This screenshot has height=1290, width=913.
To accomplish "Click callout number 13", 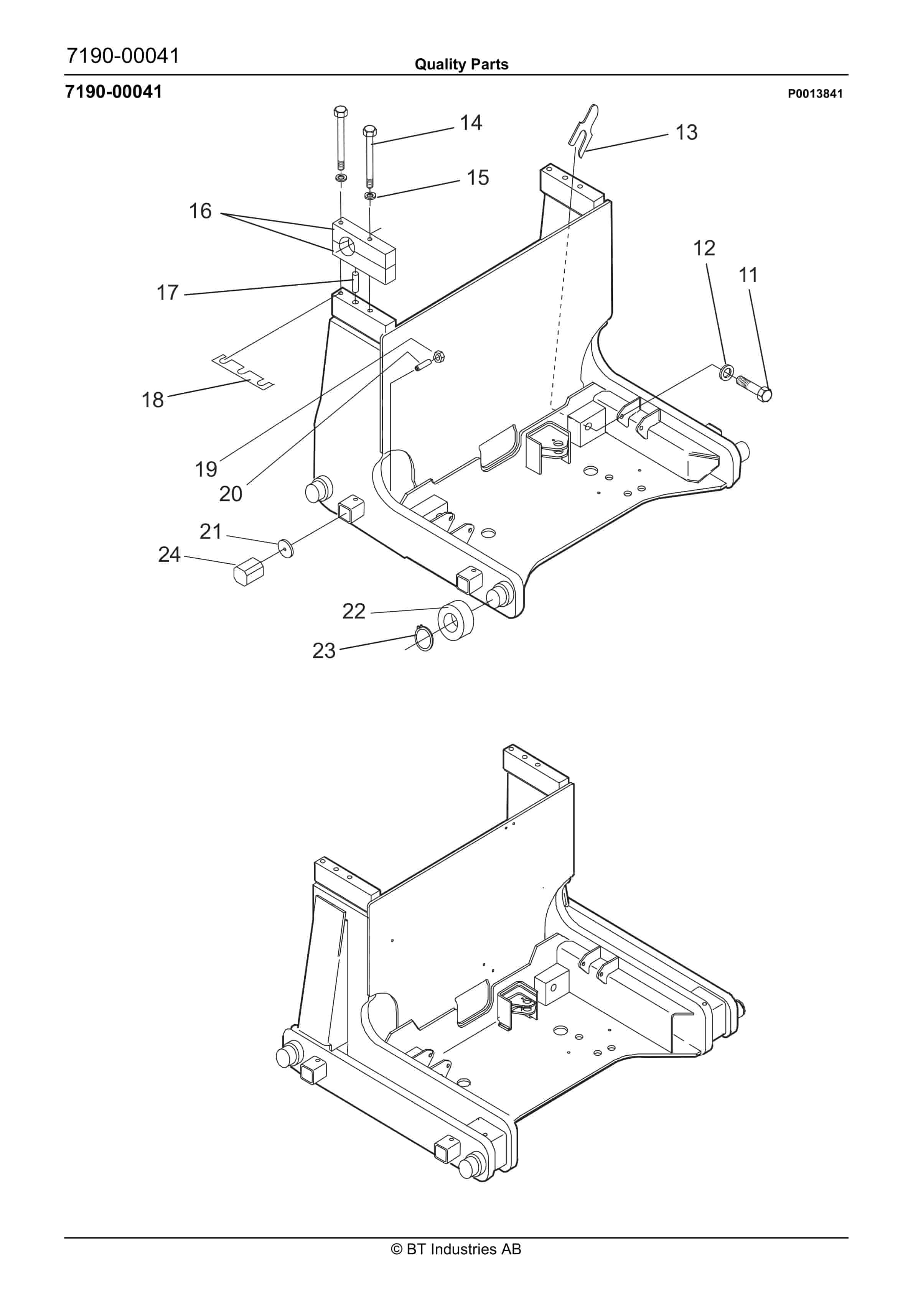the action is point(686,133).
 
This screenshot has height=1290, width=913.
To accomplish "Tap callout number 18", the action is point(152,400).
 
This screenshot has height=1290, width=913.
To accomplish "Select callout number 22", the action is point(354,611).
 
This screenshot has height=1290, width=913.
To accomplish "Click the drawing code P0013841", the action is point(815,94).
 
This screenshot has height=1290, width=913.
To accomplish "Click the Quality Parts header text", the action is point(461,64).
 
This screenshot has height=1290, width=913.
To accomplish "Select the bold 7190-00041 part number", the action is point(114,92).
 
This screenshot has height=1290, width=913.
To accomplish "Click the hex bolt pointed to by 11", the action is point(754,388).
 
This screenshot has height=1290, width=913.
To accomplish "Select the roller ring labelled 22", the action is point(455,621).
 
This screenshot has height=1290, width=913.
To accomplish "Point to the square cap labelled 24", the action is point(249,571).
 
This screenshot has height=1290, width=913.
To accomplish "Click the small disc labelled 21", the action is point(286,548).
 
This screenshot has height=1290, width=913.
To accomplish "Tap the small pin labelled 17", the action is point(355,281).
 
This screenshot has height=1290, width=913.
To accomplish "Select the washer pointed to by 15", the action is point(370,196).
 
